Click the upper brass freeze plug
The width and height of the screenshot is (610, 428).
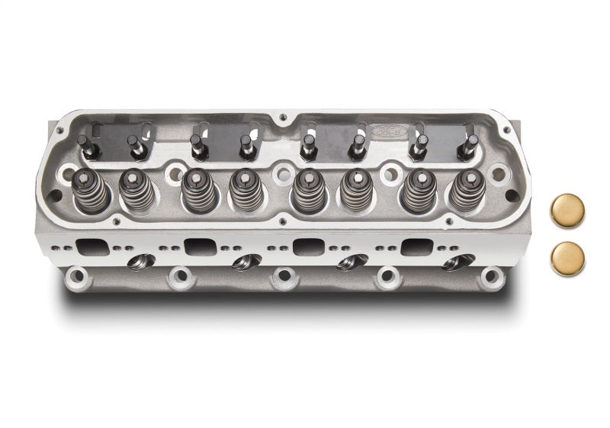pyautogui.click(x=567, y=211)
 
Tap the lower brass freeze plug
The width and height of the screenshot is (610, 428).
pyautogui.click(x=567, y=259)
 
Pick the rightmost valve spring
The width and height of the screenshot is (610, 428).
pyautogui.click(x=466, y=191)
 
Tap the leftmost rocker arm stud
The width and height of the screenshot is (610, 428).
pyautogui.click(x=84, y=143)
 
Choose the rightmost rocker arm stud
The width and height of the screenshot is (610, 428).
pyautogui.click(x=470, y=143)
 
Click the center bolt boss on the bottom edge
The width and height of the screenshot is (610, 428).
pyautogui.click(x=284, y=275)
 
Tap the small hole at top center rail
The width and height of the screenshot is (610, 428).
pyautogui.click(x=283, y=117)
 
